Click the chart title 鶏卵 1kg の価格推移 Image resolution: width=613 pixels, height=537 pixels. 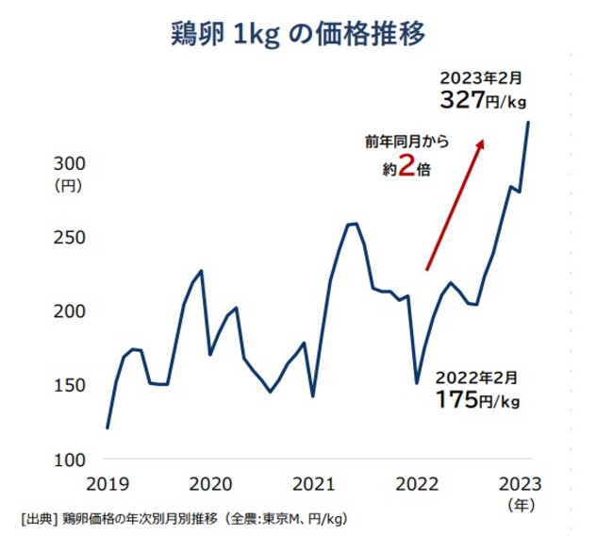point(306,31)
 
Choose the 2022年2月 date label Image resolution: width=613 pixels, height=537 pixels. point(475,377)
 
